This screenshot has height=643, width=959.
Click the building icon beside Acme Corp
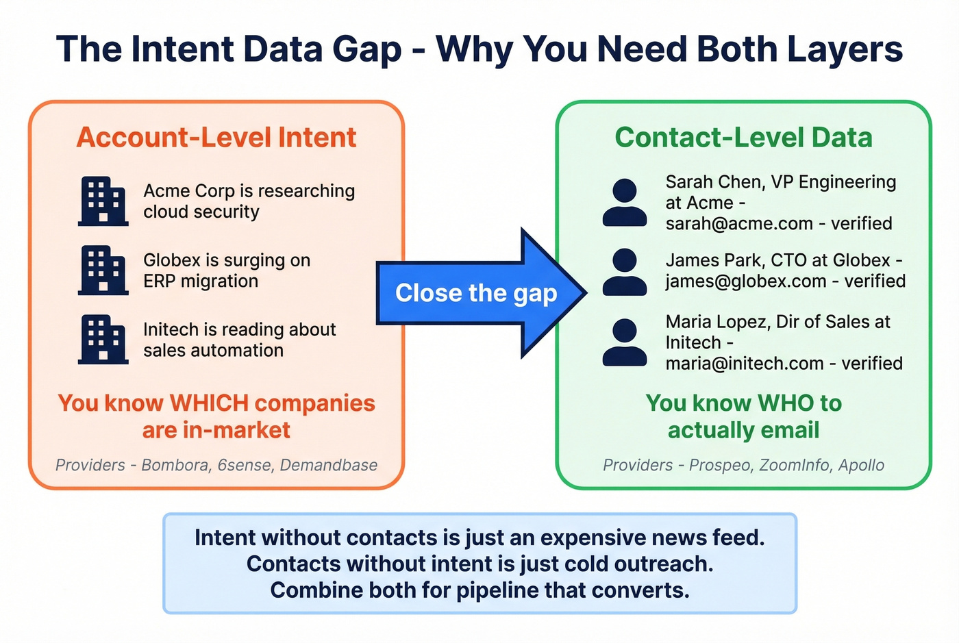click(103, 201)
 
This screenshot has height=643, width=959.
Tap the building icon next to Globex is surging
click(103, 270)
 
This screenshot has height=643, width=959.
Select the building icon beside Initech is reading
click(103, 339)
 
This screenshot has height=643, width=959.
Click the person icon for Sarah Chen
click(624, 203)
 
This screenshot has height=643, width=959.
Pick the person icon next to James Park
click(624, 272)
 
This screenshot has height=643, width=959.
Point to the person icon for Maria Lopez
click(624, 342)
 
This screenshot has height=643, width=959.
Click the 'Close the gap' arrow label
click(476, 293)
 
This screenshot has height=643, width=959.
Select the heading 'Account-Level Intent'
click(216, 138)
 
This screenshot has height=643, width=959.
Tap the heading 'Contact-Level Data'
click(743, 138)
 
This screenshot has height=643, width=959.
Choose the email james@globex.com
click(746, 281)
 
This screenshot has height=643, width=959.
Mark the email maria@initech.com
click(744, 364)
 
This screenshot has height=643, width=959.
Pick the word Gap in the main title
click(366, 49)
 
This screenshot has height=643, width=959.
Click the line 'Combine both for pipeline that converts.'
click(480, 590)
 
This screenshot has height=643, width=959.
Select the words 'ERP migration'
click(201, 281)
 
